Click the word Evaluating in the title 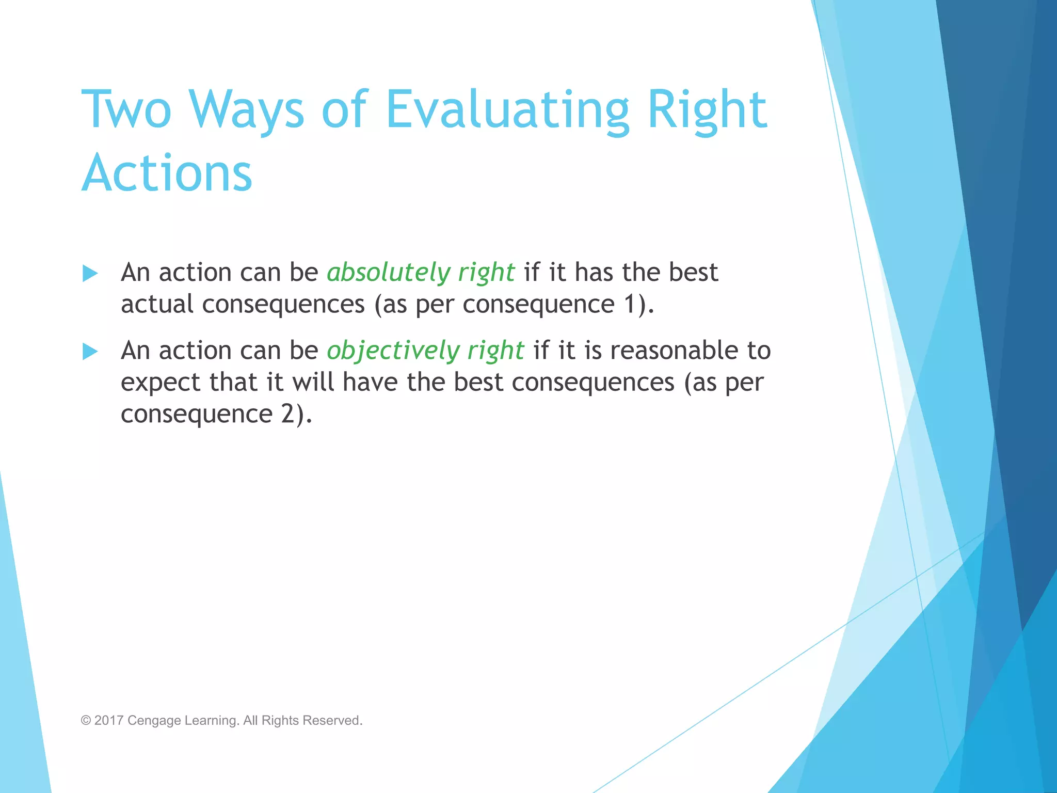tap(507, 109)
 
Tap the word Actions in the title tap(167, 173)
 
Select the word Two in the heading tap(126, 109)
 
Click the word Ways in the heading tap(246, 109)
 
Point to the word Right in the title tap(707, 109)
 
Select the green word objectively tap(393, 351)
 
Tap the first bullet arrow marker tap(90, 273)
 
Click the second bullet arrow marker tap(90, 352)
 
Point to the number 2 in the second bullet tap(288, 414)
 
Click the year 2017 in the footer tap(109, 720)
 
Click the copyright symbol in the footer tap(86, 720)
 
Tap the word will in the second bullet tap(313, 382)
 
